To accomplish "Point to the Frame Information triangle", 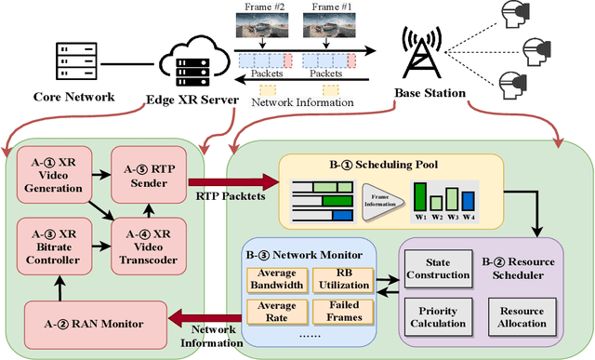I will click(x=377, y=196).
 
